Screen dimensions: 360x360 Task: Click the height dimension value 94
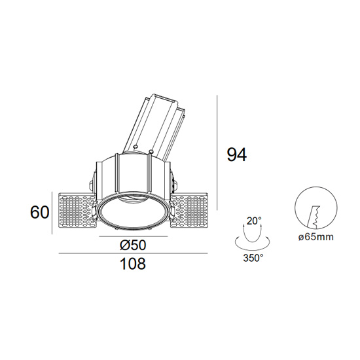click(237, 154)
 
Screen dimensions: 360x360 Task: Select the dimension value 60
click(40, 212)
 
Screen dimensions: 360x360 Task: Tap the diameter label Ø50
click(133, 245)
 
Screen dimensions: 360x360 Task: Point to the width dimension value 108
click(133, 263)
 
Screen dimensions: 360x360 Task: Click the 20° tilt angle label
click(254, 221)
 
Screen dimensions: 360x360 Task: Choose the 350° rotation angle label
click(253, 259)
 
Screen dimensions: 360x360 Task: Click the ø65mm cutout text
click(316, 237)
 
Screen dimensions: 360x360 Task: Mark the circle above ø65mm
click(316, 207)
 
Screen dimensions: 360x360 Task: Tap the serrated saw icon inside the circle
click(314, 217)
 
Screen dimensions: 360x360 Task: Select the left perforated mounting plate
click(77, 211)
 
